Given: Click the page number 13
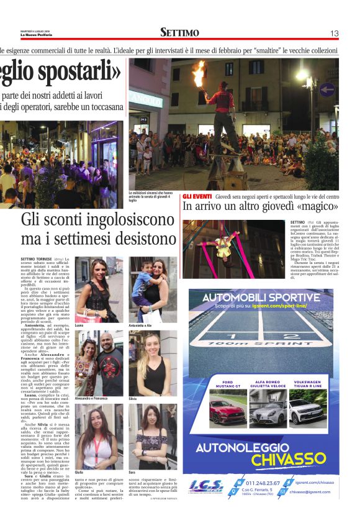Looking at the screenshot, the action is (x=334, y=33).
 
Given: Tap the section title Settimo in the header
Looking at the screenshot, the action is (x=179, y=33).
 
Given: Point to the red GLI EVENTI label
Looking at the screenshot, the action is (x=197, y=197).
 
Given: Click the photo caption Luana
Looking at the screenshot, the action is (x=79, y=325).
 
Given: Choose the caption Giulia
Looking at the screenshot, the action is (x=79, y=473).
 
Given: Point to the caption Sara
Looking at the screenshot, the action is (x=132, y=473).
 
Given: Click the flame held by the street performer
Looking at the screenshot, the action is (x=199, y=73).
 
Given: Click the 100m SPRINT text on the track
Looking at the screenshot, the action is (x=261, y=342).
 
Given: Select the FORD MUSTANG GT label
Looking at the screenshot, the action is (x=227, y=384).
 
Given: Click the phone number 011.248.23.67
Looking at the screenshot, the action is (x=263, y=483).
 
